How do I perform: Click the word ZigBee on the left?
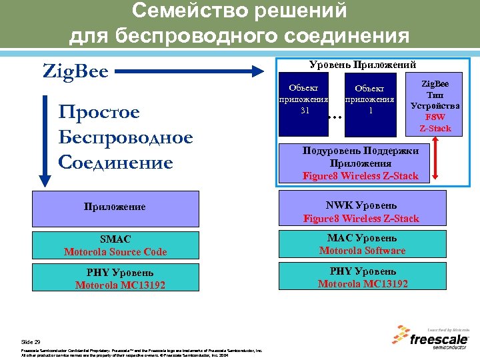pos(75,70)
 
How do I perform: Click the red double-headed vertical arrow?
pos(435,161)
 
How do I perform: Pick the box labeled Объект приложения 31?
pos(304,100)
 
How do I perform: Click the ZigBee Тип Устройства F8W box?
pos(435,106)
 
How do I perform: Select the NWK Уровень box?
pos(361,211)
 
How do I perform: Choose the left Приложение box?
pos(115,207)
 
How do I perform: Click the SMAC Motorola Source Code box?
pos(115,245)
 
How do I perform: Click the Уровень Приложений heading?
pos(363,65)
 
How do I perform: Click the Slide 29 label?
pos(31,341)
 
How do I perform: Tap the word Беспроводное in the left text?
pos(125,137)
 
